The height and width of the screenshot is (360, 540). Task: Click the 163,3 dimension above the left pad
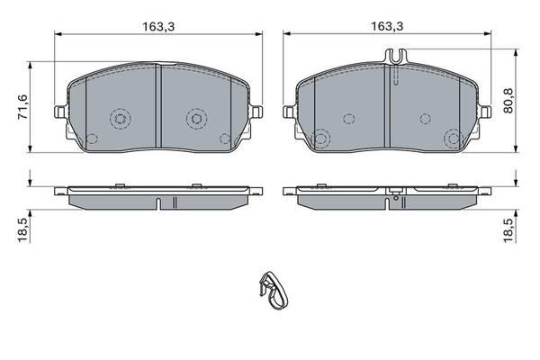pyautogui.click(x=158, y=26)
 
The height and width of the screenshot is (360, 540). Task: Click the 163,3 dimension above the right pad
pyautogui.click(x=387, y=26)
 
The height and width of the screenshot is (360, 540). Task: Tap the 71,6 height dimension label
pyautogui.click(x=23, y=107)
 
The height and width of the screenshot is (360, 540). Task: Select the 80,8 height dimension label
pyautogui.click(x=508, y=101)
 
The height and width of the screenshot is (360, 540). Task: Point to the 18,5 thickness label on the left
pyautogui.click(x=23, y=230)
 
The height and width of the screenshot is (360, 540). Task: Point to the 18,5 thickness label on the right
pyautogui.click(x=508, y=230)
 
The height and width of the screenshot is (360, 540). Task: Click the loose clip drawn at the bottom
pyautogui.click(x=274, y=291)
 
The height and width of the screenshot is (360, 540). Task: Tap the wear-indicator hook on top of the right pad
pyautogui.click(x=396, y=56)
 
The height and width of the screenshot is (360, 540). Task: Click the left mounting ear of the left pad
pyautogui.click(x=60, y=112)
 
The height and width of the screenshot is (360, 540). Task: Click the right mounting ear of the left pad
pyautogui.click(x=257, y=112)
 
